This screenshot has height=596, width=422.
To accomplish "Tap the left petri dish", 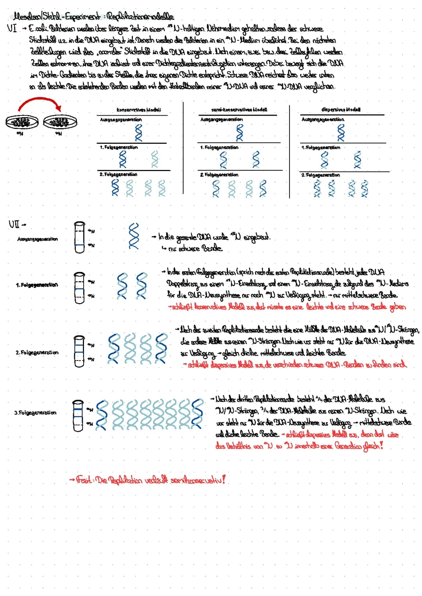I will tap(22, 122).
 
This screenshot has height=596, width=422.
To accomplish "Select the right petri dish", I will tap(60, 122).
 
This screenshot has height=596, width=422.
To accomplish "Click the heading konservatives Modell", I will tap(139, 110).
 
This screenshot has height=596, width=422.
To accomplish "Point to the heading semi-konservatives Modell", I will tap(239, 110).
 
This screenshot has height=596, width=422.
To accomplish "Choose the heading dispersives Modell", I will tap(341, 110).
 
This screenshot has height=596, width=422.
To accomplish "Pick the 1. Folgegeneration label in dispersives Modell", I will tap(320, 148).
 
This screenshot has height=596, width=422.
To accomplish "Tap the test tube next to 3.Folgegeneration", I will tap(79, 415).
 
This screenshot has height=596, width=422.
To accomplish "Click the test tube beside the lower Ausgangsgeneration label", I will tap(79, 238).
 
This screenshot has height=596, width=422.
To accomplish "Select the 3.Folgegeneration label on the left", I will tap(35, 412).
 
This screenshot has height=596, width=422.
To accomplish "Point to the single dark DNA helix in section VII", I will tap(134, 236).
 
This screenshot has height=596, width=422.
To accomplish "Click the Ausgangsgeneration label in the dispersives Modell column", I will tap(323, 120).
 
